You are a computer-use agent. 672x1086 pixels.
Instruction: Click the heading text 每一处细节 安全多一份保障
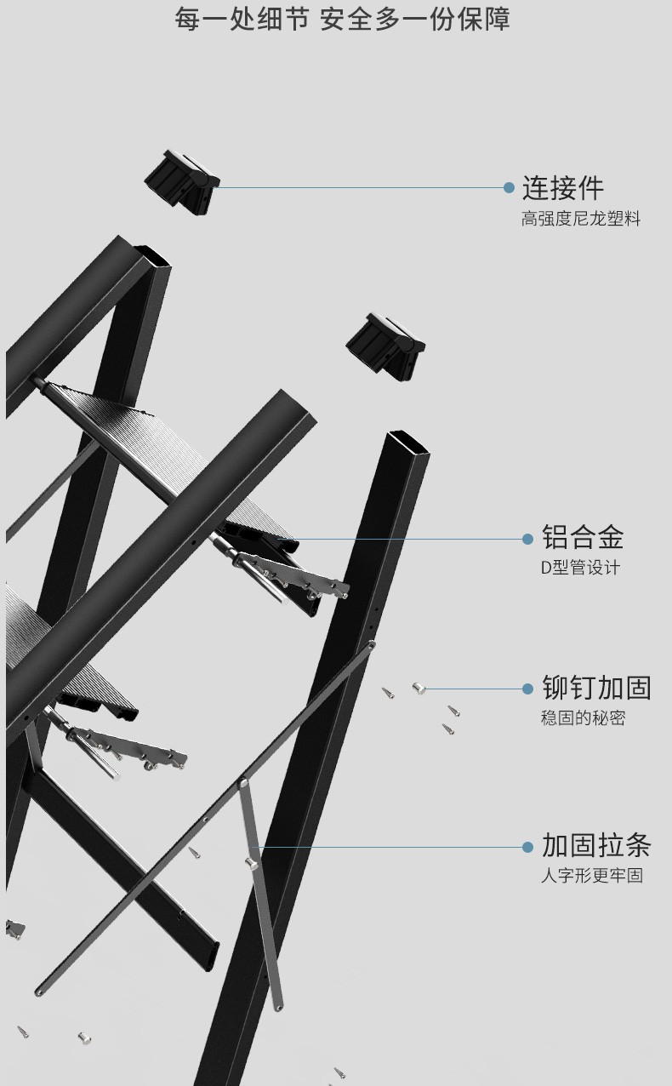tap(342, 19)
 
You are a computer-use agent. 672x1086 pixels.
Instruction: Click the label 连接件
tap(562, 187)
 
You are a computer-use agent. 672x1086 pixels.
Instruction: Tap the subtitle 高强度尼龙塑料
tap(580, 220)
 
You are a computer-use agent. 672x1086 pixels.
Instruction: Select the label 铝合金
tap(583, 537)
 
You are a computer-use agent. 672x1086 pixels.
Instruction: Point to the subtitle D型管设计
tap(580, 568)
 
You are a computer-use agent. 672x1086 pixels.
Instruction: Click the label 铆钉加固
tap(596, 688)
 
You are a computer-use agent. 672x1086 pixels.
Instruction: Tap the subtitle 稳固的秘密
tap(583, 718)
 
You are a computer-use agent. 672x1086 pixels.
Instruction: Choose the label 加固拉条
tap(596, 846)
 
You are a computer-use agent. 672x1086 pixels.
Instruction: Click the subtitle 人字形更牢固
tap(591, 876)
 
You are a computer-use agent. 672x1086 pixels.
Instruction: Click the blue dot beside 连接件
tap(509, 187)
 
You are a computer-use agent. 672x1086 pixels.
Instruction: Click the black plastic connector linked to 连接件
tap(181, 180)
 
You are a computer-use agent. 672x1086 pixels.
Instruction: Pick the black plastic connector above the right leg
tap(384, 343)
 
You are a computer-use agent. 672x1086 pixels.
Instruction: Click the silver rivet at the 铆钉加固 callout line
tap(418, 688)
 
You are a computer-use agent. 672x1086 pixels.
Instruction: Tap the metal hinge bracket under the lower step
tap(128, 745)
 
